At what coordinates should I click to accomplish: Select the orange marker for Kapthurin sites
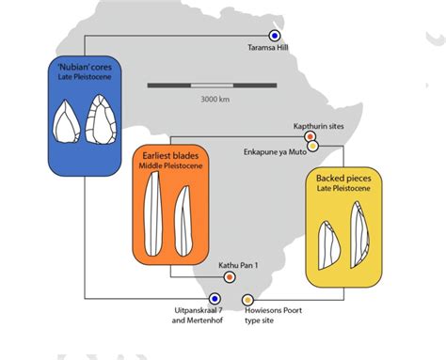tap(309, 138)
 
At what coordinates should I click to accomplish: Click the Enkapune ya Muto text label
tap(275, 149)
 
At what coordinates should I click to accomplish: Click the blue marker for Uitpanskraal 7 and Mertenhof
tap(212, 300)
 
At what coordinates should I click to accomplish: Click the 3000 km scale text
tap(211, 98)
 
